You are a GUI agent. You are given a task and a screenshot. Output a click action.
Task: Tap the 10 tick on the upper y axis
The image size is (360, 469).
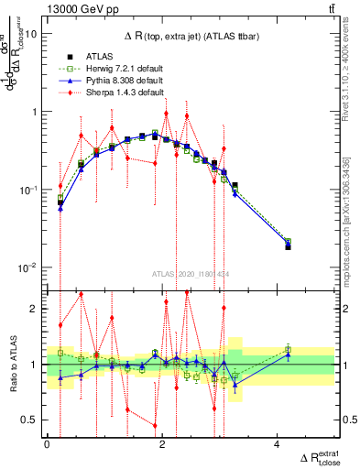click(32, 34)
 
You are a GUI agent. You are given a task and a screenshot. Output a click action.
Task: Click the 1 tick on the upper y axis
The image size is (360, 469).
click(35, 112)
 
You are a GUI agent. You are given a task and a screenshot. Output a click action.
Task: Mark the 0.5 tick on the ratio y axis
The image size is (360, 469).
click(30, 420)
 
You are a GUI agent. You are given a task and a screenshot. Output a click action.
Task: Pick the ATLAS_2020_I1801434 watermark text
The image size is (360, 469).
click(190, 273)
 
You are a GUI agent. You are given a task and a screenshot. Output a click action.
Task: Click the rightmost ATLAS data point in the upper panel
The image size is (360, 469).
click(288, 247)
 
